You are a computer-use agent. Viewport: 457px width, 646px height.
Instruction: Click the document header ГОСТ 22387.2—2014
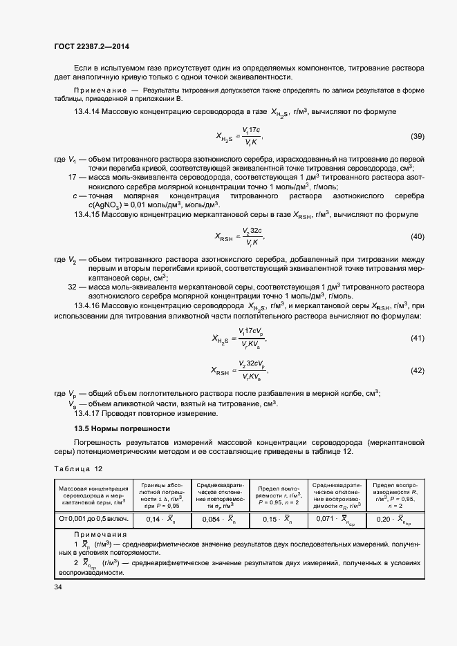(x=91, y=46)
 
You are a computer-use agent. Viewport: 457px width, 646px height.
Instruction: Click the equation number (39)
(x=417, y=136)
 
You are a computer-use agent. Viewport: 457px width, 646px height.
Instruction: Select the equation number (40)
(x=417, y=237)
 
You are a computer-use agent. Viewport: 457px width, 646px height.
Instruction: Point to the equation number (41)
(x=417, y=338)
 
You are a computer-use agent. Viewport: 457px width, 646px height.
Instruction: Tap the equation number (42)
(x=417, y=370)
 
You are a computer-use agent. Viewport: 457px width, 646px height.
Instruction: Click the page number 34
(x=58, y=587)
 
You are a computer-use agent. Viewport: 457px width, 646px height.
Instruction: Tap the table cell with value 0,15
(x=277, y=518)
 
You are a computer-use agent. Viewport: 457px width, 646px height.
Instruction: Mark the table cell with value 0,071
(x=337, y=518)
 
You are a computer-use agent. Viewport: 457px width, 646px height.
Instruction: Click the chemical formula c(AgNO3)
(x=108, y=205)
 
